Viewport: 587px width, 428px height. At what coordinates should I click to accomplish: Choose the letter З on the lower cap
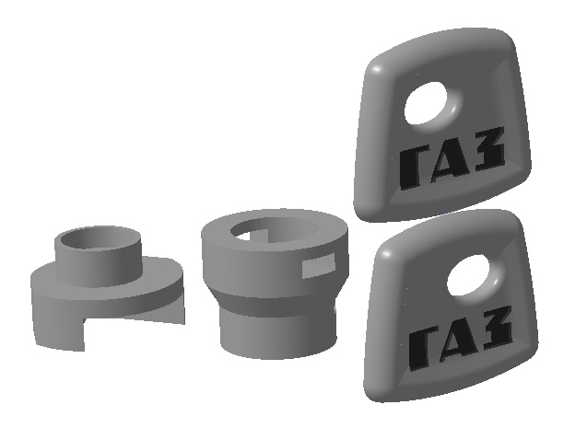coord(497,327)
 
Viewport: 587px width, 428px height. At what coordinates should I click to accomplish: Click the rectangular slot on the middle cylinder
coord(318,265)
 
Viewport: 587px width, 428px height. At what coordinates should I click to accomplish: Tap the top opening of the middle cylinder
coord(275,229)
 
